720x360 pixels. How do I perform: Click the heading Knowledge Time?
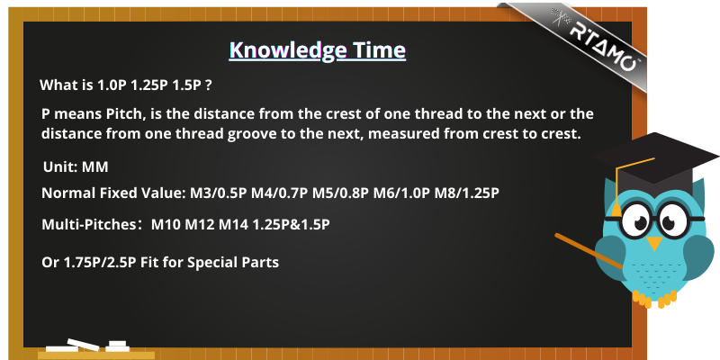(318, 50)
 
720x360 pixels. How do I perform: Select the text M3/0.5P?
(219, 193)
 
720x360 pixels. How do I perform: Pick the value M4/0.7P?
(279, 193)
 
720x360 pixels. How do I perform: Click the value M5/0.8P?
(341, 193)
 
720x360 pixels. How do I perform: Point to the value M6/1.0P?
(401, 193)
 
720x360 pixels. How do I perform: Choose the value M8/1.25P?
(466, 193)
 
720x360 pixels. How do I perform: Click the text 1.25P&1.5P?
(291, 225)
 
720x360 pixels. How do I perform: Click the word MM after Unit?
(95, 167)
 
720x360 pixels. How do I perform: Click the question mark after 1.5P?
(209, 85)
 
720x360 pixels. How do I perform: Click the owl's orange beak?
(654, 242)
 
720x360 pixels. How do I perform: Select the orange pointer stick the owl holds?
(589, 251)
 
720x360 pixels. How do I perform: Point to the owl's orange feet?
(654, 299)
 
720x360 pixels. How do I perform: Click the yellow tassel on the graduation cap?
(616, 209)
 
